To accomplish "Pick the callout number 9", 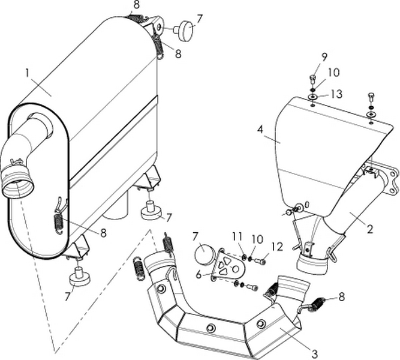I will [324, 58].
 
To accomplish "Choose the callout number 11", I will [236, 237].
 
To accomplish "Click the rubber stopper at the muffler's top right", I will [185, 30].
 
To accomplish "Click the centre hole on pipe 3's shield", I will [210, 329].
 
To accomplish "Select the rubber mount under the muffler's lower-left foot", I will [79, 278].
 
